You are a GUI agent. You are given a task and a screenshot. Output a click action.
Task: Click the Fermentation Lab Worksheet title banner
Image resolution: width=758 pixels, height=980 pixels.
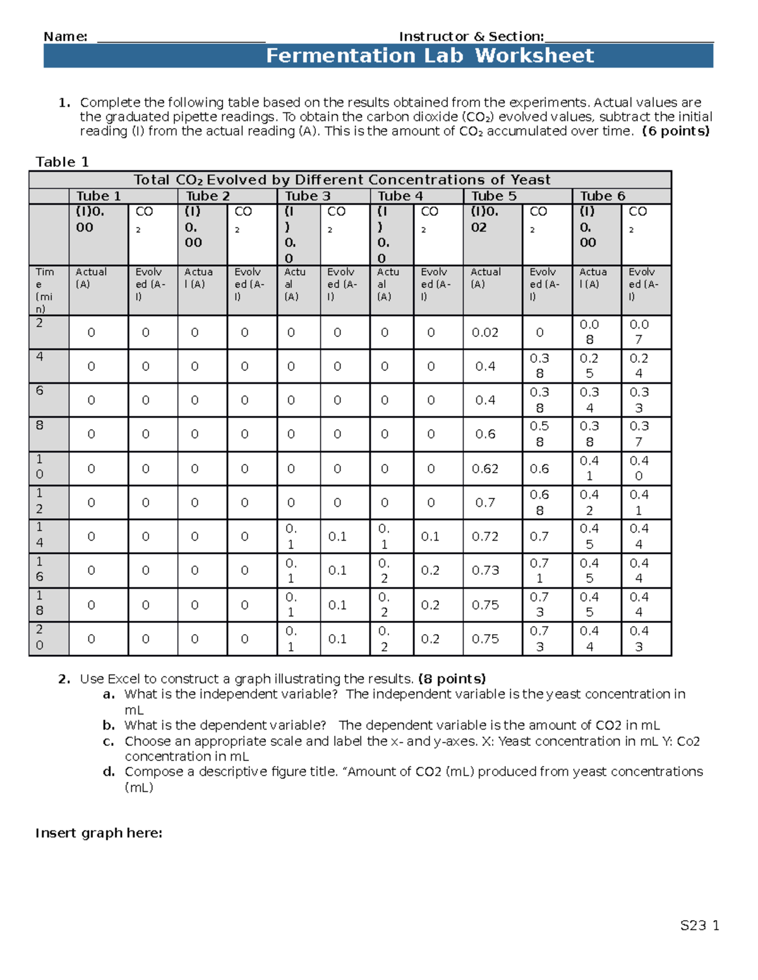click(x=430, y=56)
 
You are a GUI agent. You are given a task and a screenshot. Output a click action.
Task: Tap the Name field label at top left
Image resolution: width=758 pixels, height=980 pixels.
click(x=65, y=37)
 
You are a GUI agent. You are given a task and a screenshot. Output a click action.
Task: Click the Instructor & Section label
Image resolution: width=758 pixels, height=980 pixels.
click(x=471, y=37)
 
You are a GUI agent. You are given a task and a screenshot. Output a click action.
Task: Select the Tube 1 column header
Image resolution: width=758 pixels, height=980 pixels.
click(x=99, y=196)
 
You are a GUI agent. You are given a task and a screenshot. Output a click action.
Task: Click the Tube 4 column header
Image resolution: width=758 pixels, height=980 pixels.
click(x=400, y=196)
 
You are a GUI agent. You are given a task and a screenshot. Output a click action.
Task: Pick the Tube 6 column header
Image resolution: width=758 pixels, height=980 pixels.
click(x=603, y=196)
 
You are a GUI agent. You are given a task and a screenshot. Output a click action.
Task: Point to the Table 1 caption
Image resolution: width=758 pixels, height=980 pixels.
click(x=62, y=162)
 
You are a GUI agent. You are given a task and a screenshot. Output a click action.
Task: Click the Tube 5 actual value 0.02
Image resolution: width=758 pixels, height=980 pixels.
click(x=485, y=333)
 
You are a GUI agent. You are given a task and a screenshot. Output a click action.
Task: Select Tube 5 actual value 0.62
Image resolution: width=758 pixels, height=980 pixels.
click(x=485, y=469)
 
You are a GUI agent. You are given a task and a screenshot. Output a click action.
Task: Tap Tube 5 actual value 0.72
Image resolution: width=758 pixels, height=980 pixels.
click(x=485, y=536)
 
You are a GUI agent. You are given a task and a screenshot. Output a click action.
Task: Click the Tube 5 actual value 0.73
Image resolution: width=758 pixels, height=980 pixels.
click(x=485, y=570)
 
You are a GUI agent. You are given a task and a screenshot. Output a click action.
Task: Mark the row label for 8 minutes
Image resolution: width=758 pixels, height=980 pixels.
click(x=40, y=425)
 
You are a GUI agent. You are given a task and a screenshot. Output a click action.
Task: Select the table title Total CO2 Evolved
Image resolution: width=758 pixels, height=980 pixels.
click(x=342, y=180)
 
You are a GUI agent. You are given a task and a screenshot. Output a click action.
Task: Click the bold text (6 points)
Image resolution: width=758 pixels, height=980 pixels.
click(x=675, y=131)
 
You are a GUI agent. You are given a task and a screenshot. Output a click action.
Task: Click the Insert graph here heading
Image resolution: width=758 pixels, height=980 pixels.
click(x=99, y=833)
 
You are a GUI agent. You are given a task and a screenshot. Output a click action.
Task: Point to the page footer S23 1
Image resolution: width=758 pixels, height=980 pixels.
click(x=699, y=926)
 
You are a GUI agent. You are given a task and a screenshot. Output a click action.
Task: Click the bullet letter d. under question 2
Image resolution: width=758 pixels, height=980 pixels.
click(x=109, y=772)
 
